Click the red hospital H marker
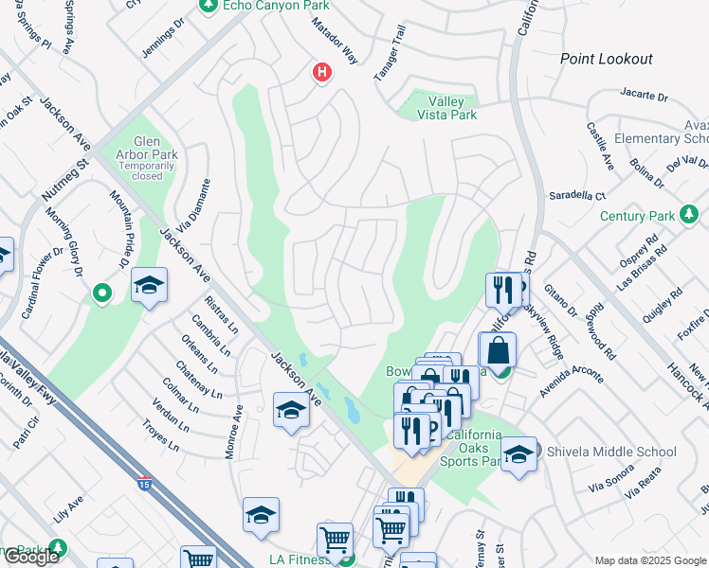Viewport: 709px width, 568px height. pyautogui.click(x=322, y=72)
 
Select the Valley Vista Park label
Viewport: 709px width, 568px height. pyautogui.click(x=439, y=108)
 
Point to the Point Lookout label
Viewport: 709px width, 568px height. pyautogui.click(x=606, y=59)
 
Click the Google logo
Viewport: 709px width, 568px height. pyautogui.click(x=30, y=557)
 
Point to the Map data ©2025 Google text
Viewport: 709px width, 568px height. pyautogui.click(x=650, y=560)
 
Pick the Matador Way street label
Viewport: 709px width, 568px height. pyautogui.click(x=336, y=44)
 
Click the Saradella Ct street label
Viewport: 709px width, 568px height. pyautogui.click(x=576, y=196)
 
